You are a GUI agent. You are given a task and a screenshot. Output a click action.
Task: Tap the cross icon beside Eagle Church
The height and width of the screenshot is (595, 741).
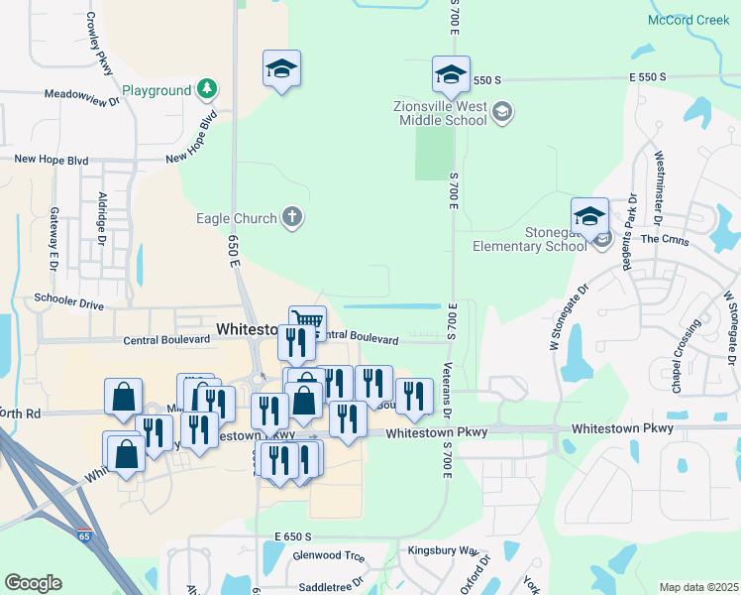[291, 216]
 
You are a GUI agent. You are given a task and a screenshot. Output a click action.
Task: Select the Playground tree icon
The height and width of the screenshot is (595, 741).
[206, 90]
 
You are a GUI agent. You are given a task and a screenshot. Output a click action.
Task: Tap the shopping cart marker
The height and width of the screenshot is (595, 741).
[308, 321]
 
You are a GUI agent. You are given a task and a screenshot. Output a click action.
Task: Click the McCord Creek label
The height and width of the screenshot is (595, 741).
[688, 20]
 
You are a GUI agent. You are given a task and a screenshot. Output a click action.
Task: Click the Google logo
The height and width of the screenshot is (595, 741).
[33, 583]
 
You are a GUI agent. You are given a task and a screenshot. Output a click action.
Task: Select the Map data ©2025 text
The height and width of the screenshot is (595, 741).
[697, 587]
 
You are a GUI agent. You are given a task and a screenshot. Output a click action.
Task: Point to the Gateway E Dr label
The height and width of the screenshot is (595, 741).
[53, 239]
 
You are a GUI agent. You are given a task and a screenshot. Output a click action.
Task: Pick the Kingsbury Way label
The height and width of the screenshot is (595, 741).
[443, 548]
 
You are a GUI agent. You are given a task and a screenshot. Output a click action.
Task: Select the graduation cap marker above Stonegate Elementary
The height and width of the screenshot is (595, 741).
[588, 217]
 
